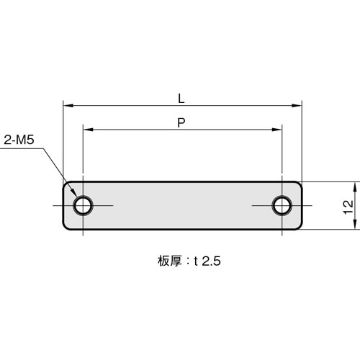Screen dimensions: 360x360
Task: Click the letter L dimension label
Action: coord(182,96)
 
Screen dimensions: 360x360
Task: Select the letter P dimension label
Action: coord(182,122)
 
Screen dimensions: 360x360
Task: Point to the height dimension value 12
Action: coord(348,206)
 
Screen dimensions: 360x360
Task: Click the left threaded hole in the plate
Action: coord(83,206)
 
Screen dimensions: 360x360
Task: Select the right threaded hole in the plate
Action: coord(281,206)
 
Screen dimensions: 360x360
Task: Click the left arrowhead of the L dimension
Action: coord(68,105)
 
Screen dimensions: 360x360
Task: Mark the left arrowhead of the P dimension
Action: coord(86,130)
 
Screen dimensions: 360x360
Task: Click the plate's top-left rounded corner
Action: coord(67,184)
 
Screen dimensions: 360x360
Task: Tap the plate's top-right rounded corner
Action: coord(299,184)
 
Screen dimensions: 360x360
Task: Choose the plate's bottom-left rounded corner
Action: coord(67,228)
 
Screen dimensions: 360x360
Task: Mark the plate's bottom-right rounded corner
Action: coord(299,228)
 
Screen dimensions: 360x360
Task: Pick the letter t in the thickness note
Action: coord(195,264)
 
